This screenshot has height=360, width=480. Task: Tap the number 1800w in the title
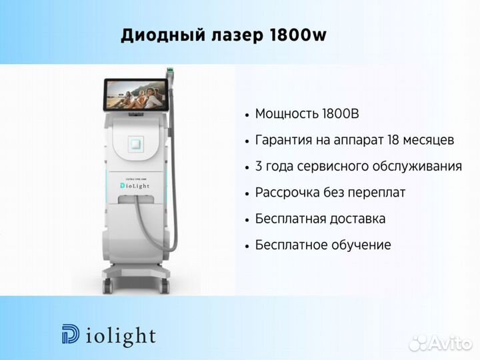[298, 35]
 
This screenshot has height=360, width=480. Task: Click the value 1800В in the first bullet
[341, 114]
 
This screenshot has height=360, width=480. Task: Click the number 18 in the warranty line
[393, 140]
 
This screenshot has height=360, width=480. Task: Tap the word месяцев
[429, 141]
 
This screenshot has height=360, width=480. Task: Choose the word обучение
[361, 245]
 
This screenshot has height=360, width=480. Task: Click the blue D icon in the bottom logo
[71, 334]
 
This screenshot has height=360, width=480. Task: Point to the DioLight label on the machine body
[135, 185]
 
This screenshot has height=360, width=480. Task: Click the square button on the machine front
[135, 143]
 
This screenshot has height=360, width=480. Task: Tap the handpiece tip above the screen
[169, 72]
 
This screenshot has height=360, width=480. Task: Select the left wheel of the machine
[108, 285]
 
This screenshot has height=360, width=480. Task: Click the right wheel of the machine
[165, 286]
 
